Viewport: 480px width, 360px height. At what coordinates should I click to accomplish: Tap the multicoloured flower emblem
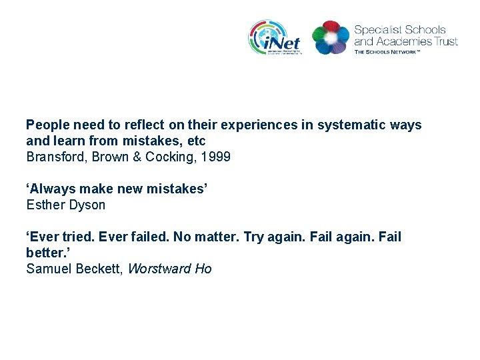330,37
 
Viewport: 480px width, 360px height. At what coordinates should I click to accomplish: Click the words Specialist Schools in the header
399,30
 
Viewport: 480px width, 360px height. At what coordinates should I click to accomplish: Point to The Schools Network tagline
387,51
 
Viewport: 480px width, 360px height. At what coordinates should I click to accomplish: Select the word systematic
356,125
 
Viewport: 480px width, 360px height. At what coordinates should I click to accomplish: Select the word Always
51,189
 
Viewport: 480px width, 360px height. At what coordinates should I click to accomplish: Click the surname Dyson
87,205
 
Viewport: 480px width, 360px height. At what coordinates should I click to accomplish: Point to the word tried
75,237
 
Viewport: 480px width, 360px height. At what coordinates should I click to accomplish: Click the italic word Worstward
159,269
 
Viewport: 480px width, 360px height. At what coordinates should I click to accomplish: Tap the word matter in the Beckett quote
217,237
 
